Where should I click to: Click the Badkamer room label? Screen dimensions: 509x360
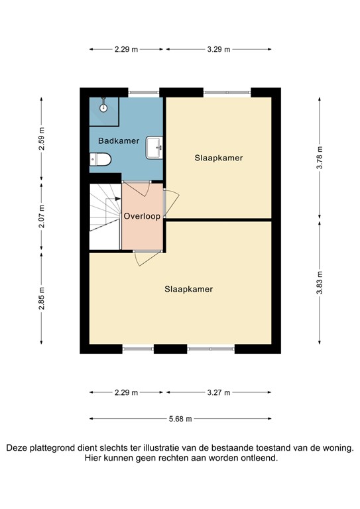118,141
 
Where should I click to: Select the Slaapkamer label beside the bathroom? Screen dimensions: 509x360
218,158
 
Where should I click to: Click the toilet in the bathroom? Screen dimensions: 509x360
101,160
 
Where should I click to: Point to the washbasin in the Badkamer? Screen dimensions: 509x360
154,146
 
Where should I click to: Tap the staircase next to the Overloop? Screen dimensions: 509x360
105,215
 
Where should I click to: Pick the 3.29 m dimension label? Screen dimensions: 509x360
218,49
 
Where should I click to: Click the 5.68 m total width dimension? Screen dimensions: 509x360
179,419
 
